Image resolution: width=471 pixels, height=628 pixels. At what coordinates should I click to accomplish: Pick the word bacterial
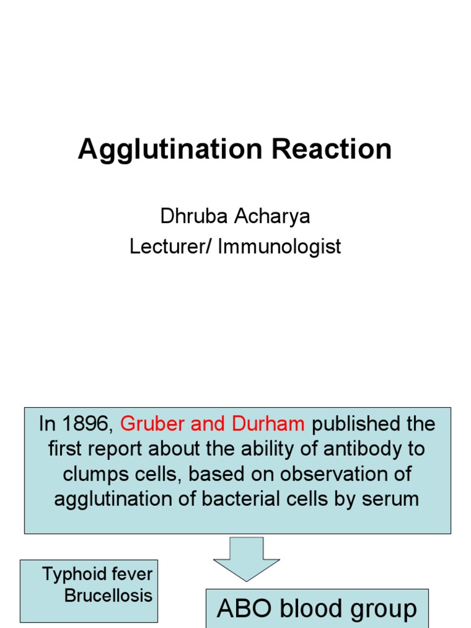(241, 499)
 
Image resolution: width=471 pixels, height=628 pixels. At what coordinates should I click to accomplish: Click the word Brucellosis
(108, 595)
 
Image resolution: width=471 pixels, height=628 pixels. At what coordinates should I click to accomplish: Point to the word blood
(308, 609)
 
